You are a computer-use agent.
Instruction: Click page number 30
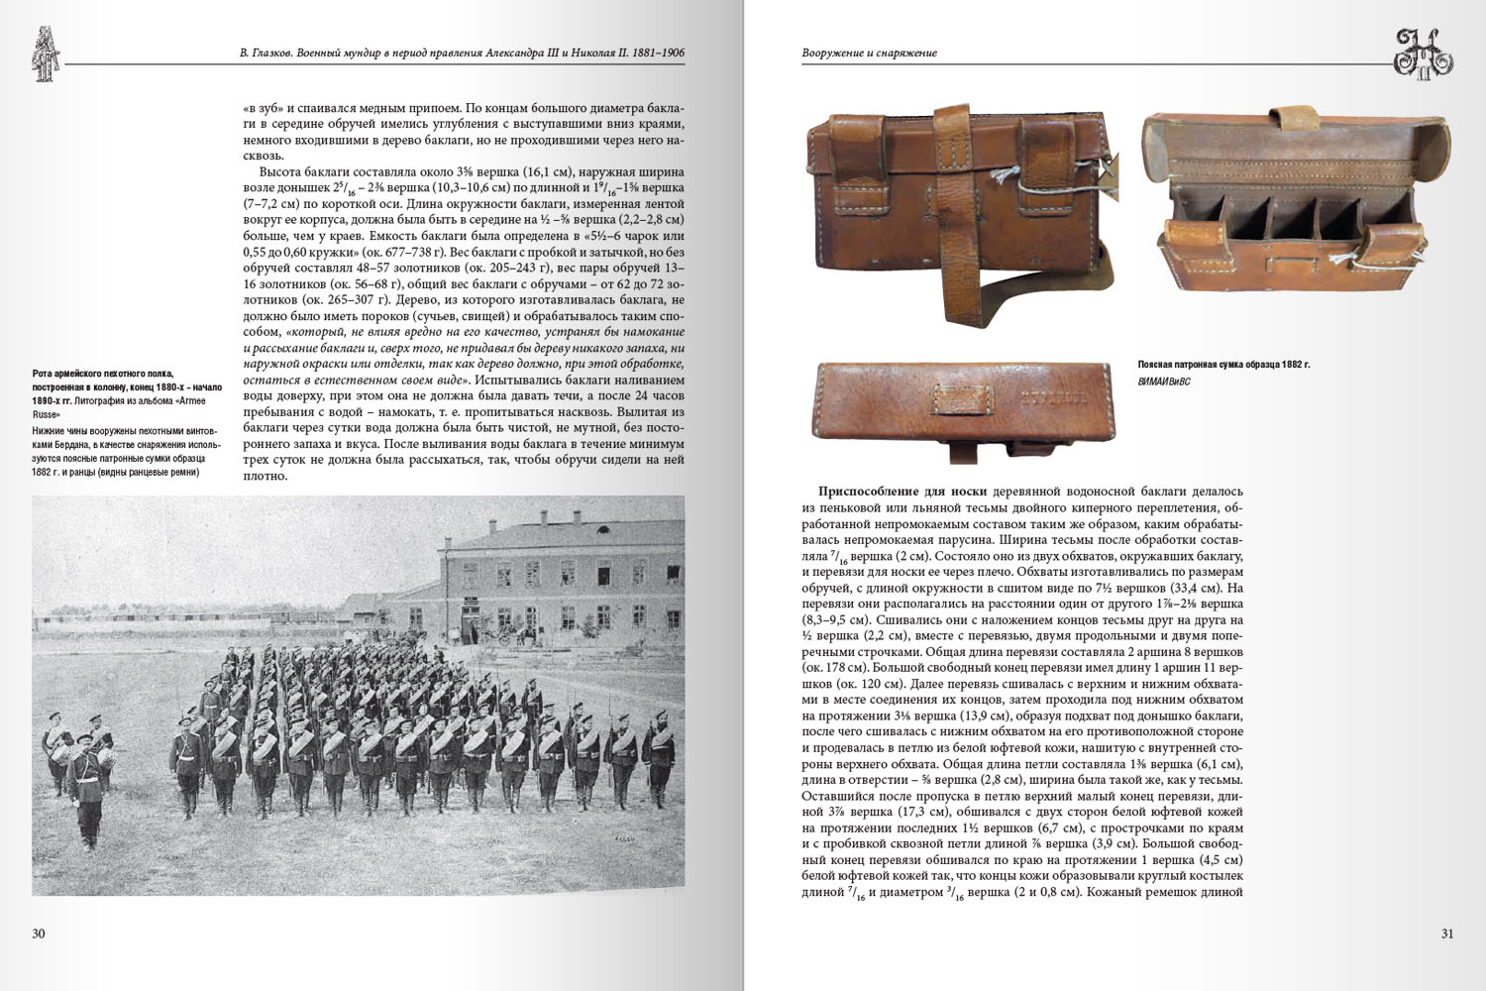(39, 934)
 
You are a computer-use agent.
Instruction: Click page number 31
(1446, 934)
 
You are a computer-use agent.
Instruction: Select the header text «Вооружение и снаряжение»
(869, 53)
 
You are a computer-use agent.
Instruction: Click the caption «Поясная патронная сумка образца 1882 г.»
(1224, 365)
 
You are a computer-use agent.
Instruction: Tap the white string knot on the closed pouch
(1001, 179)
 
